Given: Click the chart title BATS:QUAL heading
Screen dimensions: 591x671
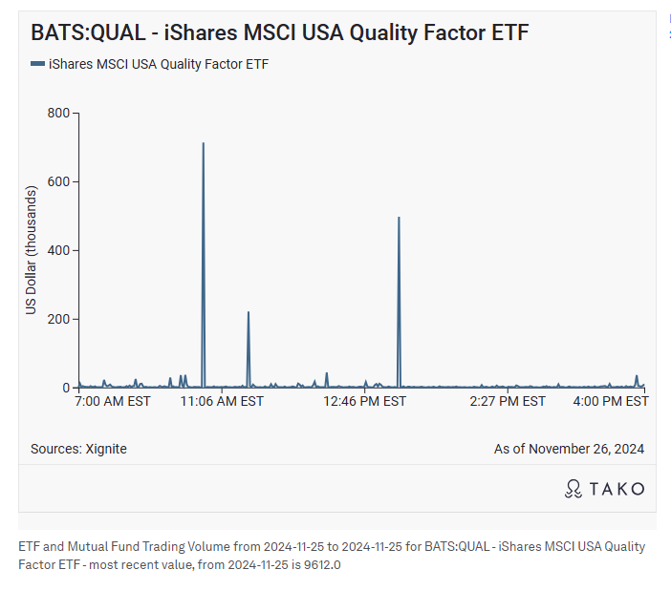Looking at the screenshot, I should coord(279,32).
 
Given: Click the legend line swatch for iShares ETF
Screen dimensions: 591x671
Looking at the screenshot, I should coord(37,64).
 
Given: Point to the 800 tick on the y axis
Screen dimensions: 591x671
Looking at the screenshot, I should coord(59,114).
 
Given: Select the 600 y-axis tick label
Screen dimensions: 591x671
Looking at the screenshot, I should coord(59,182).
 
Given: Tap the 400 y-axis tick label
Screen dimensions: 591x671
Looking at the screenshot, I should coord(59,251).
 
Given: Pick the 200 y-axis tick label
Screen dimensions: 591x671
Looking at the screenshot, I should coord(59,320).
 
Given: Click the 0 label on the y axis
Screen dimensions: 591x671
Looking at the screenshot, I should coord(67,389).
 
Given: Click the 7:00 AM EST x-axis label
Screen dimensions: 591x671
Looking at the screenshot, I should coord(113,402).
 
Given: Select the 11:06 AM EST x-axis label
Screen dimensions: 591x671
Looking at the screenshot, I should coord(223,402).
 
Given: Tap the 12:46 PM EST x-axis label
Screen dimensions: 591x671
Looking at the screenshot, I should coord(365,402).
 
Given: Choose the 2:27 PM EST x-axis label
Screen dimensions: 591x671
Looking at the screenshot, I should coord(508,402).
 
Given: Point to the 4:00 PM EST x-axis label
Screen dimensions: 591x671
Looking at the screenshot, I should coord(610,402).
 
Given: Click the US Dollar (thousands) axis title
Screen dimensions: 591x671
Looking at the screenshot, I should coord(32,251).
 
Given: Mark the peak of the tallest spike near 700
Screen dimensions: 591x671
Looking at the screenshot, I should coord(204,144).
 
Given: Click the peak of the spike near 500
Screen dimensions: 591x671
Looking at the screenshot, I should coord(399,219).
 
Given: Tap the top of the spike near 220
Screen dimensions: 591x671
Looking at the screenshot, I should coord(249,312).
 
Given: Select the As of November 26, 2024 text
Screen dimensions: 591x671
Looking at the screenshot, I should coord(569,449).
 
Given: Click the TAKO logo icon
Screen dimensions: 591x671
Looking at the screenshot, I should coord(574,489).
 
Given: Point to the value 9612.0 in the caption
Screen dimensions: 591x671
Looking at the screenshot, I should coord(321,565).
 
